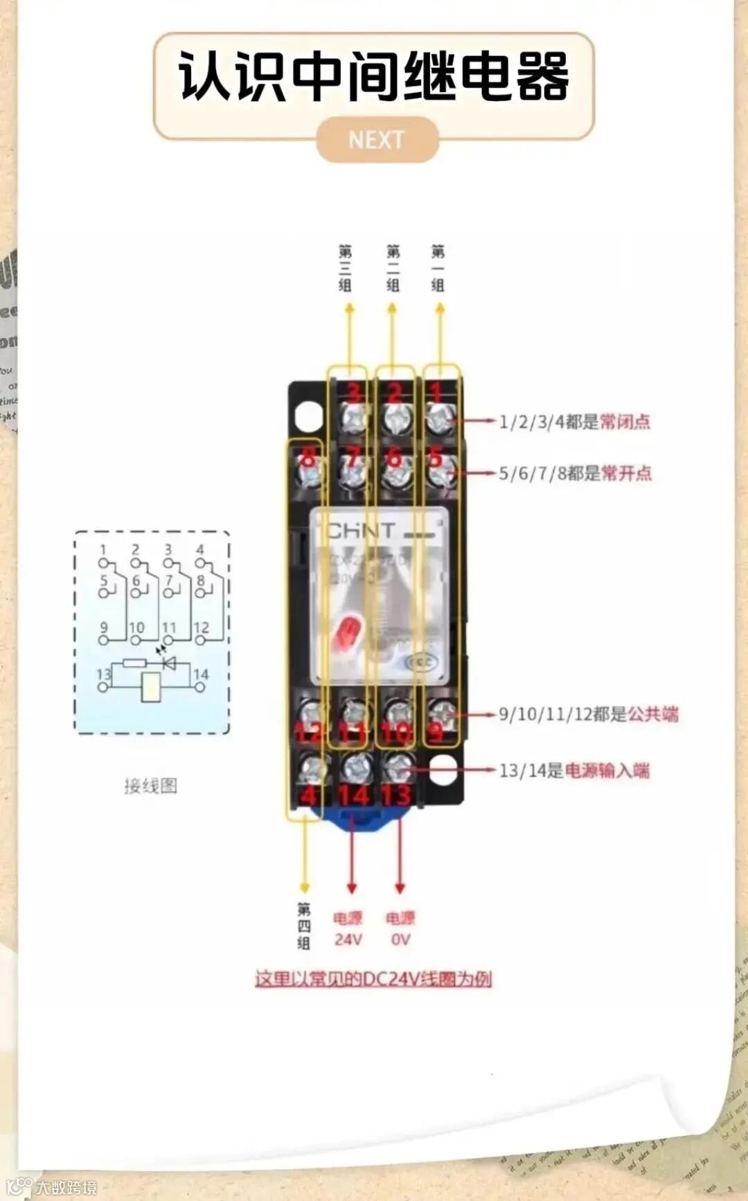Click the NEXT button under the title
377,140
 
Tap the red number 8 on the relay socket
308,458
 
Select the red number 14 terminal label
354,795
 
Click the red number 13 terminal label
396,795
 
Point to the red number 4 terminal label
308,795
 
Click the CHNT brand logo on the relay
362,532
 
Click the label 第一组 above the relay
438,268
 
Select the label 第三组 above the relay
345,268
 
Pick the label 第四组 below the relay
304,925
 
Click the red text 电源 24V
348,929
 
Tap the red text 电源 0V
400,929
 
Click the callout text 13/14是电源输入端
574,770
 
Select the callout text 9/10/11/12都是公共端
588,714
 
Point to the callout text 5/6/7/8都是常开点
575,473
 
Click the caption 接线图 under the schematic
151,785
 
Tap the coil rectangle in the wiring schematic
151,686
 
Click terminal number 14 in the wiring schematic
201,674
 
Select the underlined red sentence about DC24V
373,979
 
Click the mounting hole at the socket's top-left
308,416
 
